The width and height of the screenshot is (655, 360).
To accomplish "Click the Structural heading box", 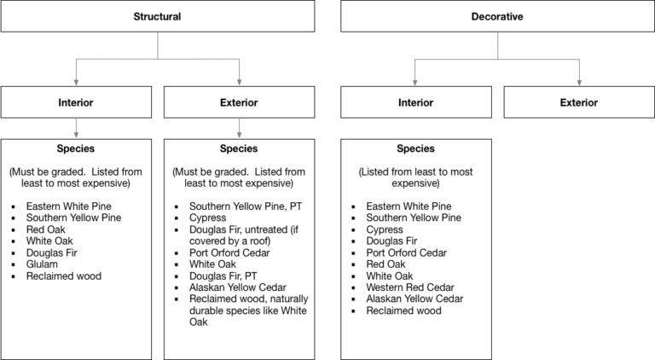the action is (x=158, y=16).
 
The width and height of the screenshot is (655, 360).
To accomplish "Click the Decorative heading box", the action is (x=497, y=16).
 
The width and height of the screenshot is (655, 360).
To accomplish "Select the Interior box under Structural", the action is (x=76, y=102).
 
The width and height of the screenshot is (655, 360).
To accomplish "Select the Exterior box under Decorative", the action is (x=579, y=102).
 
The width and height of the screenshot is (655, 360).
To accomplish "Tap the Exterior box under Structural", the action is (x=239, y=102).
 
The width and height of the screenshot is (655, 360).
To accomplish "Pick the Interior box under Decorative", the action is (x=416, y=102).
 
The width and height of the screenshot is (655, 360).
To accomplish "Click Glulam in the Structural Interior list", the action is (x=42, y=264).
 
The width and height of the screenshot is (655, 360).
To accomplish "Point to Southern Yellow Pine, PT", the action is (x=246, y=206).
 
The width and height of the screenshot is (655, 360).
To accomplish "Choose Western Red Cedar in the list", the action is (x=409, y=287).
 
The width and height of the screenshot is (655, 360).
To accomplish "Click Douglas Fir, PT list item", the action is (x=223, y=276).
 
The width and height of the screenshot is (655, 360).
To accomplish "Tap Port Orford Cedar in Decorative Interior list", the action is (x=407, y=253).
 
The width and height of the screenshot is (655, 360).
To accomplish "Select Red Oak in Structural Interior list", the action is (x=45, y=229).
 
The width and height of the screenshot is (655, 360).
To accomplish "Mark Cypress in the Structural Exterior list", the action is (x=207, y=218).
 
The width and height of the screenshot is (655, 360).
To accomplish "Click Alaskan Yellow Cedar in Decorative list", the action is (x=414, y=299).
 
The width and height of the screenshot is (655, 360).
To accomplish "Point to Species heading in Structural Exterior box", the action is (x=239, y=148).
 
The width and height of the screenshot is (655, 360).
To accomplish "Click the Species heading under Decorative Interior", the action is (x=415, y=148).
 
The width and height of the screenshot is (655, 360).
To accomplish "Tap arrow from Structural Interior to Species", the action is (x=76, y=128).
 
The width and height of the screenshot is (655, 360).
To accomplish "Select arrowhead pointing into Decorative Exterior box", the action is (x=579, y=83).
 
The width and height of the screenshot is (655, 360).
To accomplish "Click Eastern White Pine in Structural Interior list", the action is (x=68, y=206).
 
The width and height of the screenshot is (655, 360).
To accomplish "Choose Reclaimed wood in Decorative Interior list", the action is (x=403, y=311).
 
